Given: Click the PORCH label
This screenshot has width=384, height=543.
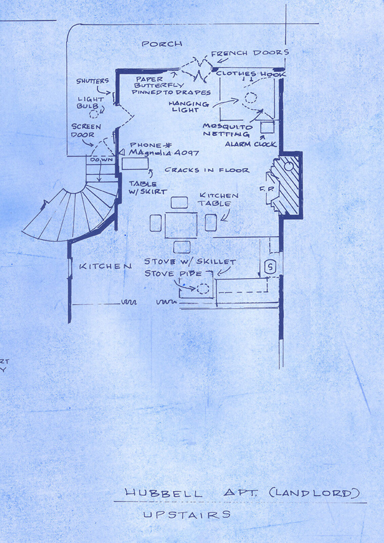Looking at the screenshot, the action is (162, 44).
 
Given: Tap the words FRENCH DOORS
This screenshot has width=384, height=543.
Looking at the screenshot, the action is (250, 53).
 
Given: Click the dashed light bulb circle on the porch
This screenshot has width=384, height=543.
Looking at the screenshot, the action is (94, 114).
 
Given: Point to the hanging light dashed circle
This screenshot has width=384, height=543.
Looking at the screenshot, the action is (250, 98).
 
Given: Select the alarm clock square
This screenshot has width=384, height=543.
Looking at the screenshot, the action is (267, 127).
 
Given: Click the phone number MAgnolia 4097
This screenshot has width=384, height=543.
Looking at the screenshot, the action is (164, 153).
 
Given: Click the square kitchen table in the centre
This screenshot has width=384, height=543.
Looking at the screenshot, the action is (181, 225).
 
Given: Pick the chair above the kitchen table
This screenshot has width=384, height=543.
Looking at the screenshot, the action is (179, 202).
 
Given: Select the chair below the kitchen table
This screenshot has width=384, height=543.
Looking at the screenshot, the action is (182, 247).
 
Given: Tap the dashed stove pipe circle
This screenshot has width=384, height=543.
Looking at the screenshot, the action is (203, 288).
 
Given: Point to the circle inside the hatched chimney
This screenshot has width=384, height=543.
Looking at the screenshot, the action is (289, 166).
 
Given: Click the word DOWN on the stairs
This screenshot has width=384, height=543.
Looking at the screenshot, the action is (102, 160).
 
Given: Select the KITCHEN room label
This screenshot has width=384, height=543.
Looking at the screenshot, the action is (105, 266).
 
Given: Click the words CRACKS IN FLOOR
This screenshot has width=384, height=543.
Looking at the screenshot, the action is (207, 170).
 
